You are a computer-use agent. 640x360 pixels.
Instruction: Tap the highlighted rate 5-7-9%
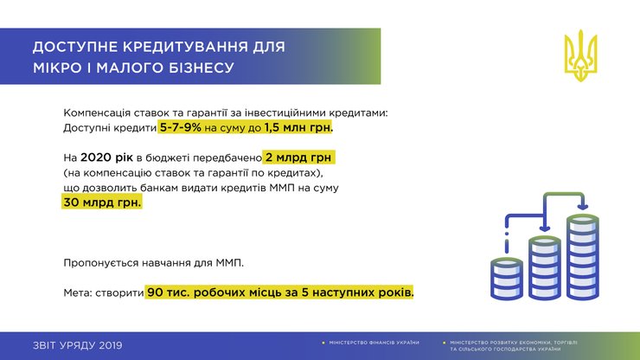click(180, 128)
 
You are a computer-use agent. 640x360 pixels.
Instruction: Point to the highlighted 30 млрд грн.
click(101, 202)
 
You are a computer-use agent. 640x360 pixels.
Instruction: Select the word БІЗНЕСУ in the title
click(198, 67)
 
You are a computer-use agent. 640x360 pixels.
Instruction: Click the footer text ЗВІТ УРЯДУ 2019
click(77, 345)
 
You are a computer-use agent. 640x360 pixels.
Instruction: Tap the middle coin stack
click(544, 267)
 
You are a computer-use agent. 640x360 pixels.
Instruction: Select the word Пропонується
click(104, 262)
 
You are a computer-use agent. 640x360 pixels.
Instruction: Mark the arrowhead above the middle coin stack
click(544, 229)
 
